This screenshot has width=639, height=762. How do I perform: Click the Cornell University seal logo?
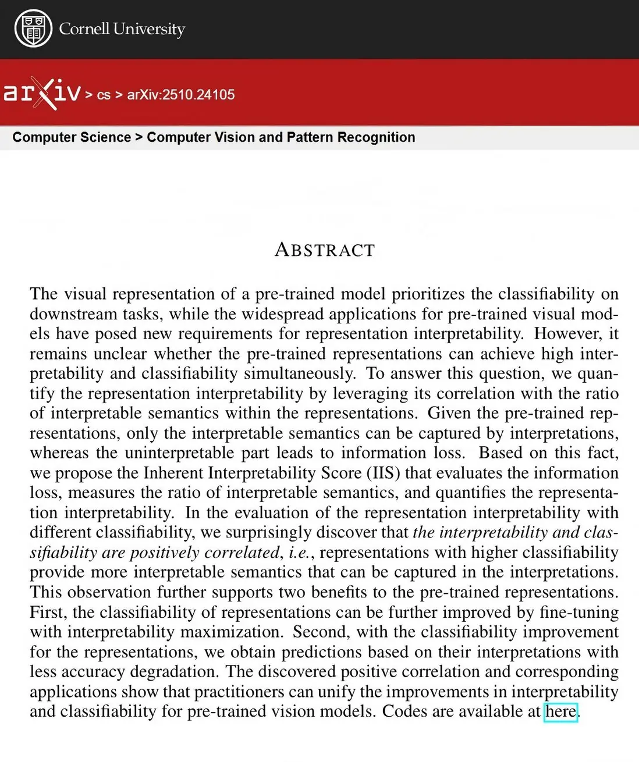pyautogui.click(x=33, y=29)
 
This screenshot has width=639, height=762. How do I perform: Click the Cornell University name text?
pyautogui.click(x=122, y=29)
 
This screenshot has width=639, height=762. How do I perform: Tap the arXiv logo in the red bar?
pyautogui.click(x=42, y=93)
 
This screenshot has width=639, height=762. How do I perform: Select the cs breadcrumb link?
pyautogui.click(x=104, y=95)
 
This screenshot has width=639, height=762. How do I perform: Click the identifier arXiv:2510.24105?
pyautogui.click(x=181, y=94)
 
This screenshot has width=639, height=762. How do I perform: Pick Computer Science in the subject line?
pyautogui.click(x=72, y=137)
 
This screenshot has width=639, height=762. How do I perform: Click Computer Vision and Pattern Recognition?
pyautogui.click(x=281, y=137)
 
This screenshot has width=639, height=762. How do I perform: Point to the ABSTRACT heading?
pyautogui.click(x=325, y=250)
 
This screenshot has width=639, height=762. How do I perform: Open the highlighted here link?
pyautogui.click(x=560, y=711)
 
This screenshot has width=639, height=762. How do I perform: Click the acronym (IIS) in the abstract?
pyautogui.click(x=384, y=472)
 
